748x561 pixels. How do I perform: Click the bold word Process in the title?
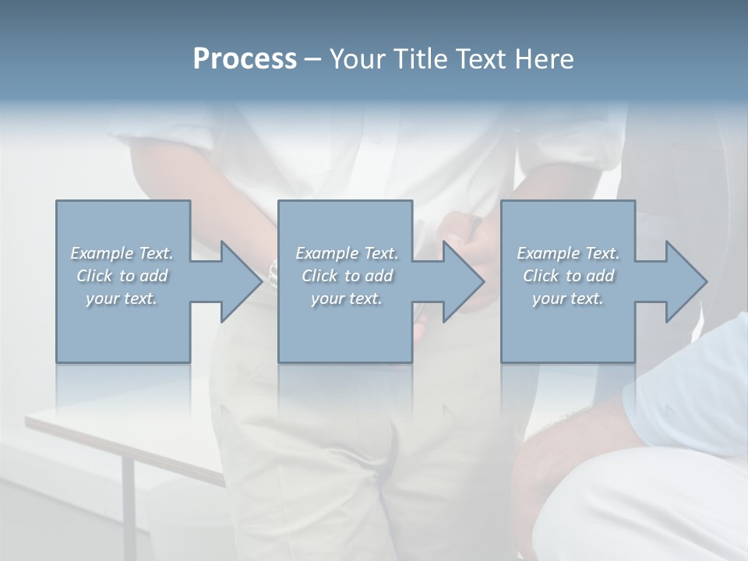pos(245,59)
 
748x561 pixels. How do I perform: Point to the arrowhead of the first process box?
pos(238,281)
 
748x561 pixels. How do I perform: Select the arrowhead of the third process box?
pos(683,281)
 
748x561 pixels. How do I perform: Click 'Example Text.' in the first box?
pos(122,253)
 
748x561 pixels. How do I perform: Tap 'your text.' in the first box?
pos(122,298)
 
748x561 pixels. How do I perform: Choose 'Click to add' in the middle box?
pos(347,276)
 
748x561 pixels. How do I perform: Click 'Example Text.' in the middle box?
pos(347,253)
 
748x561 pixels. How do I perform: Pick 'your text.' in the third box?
pos(568,298)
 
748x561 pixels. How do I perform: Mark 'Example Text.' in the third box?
pos(568,253)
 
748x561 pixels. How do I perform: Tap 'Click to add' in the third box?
pos(568,276)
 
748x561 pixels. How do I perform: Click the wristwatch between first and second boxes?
pos(273,273)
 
